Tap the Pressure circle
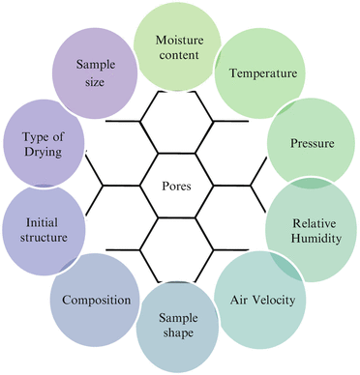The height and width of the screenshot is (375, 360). [311, 144]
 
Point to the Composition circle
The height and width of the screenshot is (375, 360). [96, 301]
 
